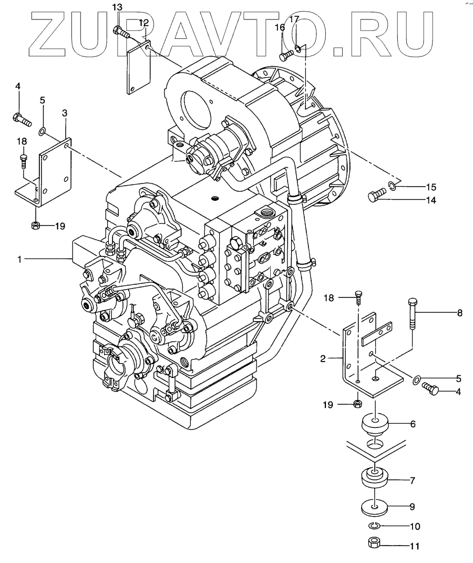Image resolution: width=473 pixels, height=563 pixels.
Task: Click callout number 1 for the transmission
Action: (x=19, y=258)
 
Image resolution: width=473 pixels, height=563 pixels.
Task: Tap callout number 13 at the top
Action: (x=117, y=7)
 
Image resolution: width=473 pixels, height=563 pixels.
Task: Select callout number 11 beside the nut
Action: (x=415, y=546)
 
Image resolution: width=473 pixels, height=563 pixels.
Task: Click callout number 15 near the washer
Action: (x=431, y=187)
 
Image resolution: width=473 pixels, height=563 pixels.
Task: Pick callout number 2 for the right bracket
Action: (x=324, y=360)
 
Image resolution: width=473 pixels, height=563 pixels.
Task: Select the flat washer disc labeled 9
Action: (x=374, y=507)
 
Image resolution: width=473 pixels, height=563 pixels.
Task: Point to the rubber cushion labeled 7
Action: (x=374, y=479)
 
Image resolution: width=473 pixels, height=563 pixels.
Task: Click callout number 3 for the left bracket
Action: (x=65, y=112)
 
